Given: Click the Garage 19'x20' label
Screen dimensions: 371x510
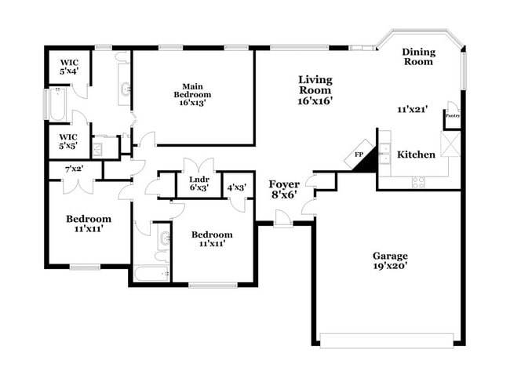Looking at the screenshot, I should (x=389, y=260).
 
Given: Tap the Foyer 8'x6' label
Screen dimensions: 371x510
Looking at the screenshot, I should (x=283, y=189).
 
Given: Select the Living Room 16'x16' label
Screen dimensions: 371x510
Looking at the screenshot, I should (x=315, y=89).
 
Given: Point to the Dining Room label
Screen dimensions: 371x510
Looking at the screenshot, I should (x=417, y=56).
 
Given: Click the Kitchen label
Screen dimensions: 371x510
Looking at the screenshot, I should (x=416, y=155).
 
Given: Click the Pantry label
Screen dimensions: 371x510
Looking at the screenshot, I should (x=453, y=115).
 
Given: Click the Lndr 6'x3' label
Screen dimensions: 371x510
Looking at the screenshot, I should (x=199, y=184).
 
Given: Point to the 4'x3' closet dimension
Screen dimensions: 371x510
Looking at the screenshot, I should (x=236, y=187).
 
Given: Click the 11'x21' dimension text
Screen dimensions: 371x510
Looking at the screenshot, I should (x=413, y=110).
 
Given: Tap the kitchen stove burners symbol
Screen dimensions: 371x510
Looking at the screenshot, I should (x=419, y=182).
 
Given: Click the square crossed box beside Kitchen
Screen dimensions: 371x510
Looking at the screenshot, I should (x=450, y=144).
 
